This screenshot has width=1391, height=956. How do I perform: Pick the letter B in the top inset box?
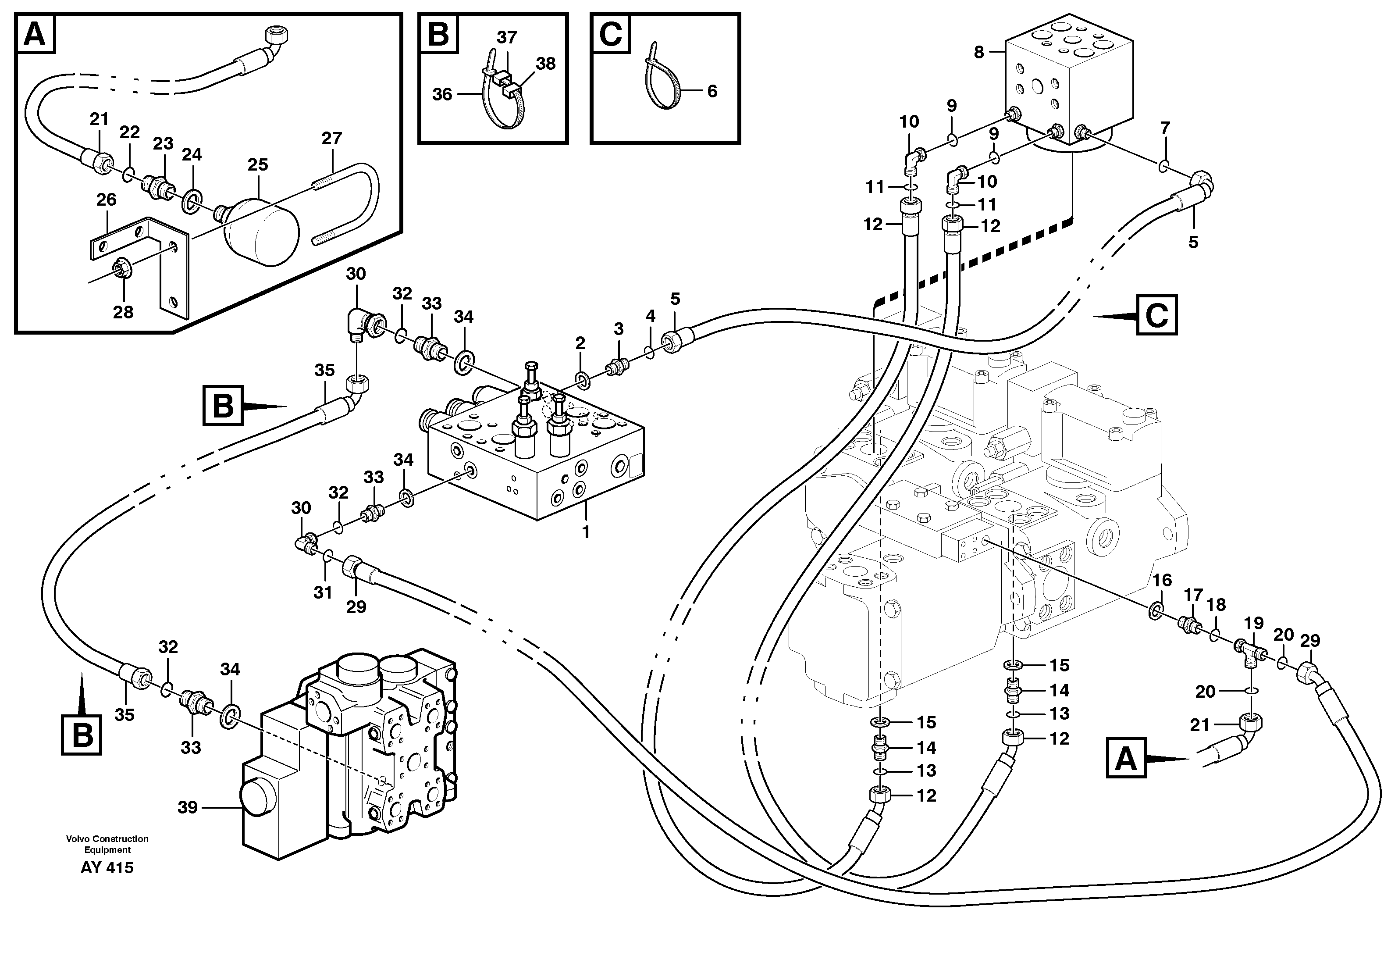pos(438,35)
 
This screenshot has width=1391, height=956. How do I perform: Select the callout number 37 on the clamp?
pos(507,38)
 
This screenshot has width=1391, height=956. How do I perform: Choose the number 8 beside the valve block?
pos(978,53)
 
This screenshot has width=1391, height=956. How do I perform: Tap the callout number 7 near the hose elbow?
pos(1165,128)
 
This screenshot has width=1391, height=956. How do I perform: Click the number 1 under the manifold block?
pos(586,532)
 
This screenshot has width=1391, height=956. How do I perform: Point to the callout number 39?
pos(188,807)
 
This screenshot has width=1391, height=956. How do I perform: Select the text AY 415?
pos(107,867)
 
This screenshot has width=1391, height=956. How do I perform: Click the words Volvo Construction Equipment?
pos(107,844)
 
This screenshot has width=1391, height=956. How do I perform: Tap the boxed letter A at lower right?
pos(1126,760)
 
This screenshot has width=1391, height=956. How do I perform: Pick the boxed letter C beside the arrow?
pos(1156,315)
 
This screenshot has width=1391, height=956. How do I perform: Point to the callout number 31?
pos(323,592)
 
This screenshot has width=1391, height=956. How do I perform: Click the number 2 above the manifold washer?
pos(580,343)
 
